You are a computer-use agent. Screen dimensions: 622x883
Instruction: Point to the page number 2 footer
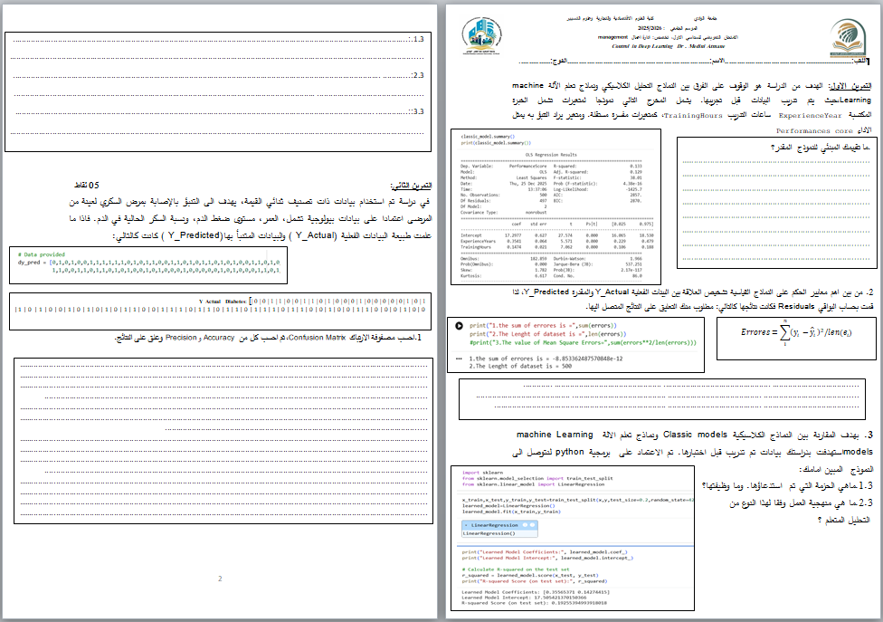[x=219, y=579]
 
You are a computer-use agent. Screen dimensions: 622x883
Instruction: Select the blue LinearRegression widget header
[x=492, y=525]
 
